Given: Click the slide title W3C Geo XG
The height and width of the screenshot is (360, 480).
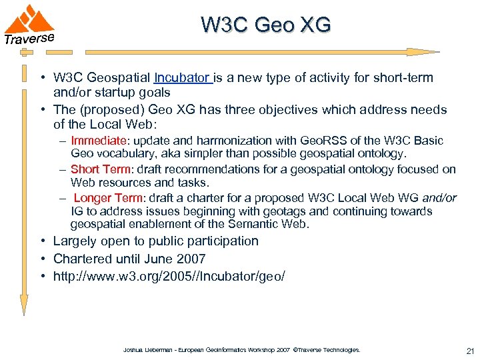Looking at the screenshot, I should (265, 25).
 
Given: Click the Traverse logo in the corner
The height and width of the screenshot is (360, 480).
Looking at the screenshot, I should (29, 24).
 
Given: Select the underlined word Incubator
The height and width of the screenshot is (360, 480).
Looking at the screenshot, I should (182, 78).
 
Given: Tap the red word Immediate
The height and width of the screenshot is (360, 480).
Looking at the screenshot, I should (98, 141).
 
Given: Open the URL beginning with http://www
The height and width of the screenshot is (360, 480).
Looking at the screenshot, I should (169, 276).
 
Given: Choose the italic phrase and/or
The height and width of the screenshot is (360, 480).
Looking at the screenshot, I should (441, 198).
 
